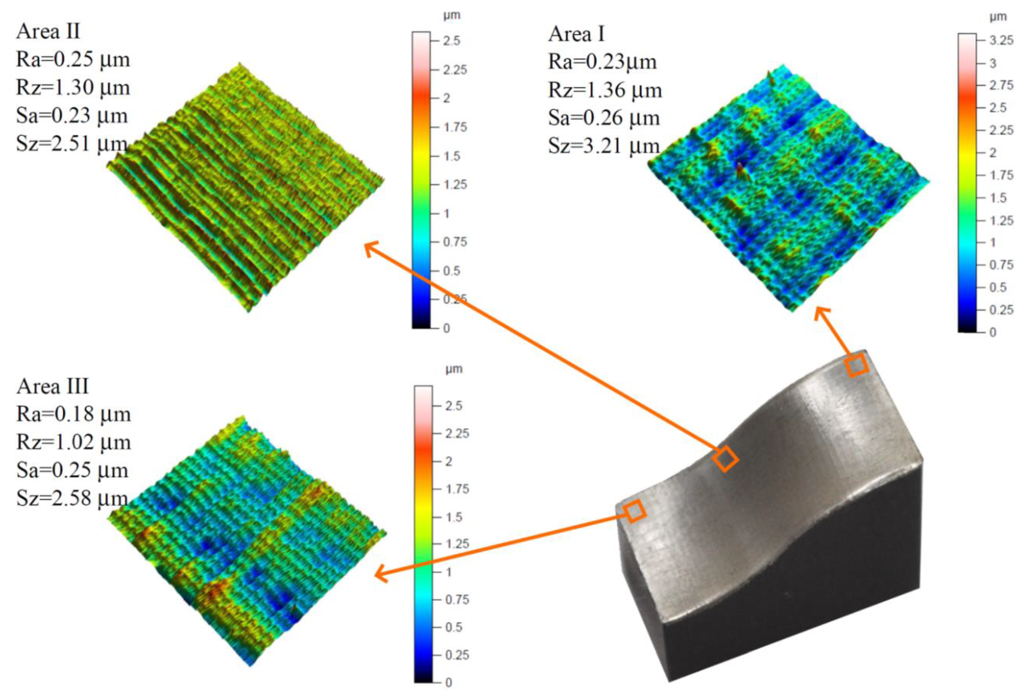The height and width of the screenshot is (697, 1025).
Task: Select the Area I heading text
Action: click(577, 34)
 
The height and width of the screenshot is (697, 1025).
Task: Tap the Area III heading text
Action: click(53, 386)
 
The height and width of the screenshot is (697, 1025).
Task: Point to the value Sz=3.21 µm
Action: click(604, 146)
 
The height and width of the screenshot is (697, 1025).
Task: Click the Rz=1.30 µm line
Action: click(73, 87)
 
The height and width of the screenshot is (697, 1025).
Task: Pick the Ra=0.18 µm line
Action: click(74, 414)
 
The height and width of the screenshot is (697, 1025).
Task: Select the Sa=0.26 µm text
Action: click(604, 118)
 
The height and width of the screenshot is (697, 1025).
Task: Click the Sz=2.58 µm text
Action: click(72, 498)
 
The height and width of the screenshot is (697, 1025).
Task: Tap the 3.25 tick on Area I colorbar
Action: click(1001, 41)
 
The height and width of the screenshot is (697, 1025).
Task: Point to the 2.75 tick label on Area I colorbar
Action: click(1001, 85)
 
